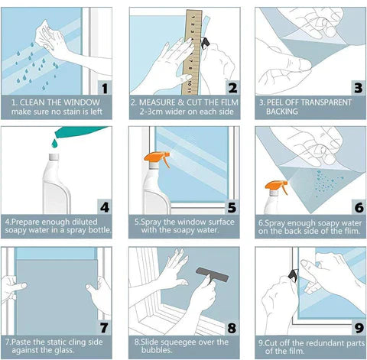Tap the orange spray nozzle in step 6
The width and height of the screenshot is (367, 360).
272,186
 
